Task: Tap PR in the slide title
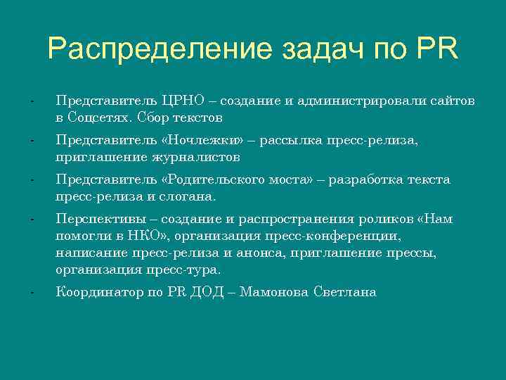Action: click(x=436, y=49)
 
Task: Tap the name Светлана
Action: click(x=344, y=292)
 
